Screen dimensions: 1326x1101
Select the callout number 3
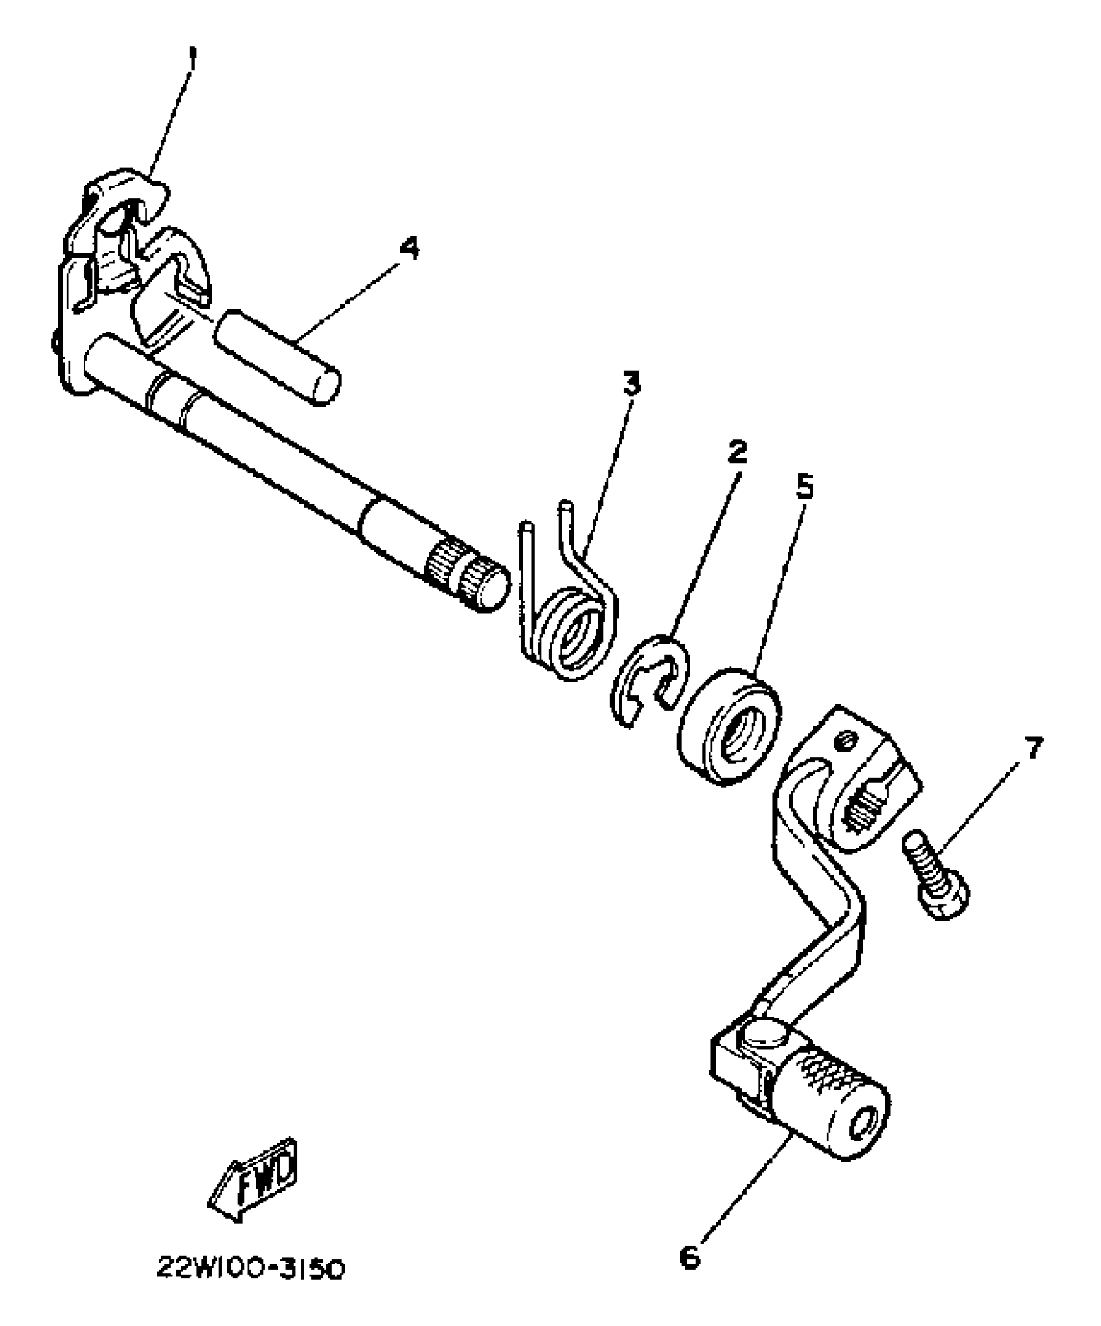click(x=630, y=384)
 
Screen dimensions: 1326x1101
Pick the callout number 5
click(x=804, y=487)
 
